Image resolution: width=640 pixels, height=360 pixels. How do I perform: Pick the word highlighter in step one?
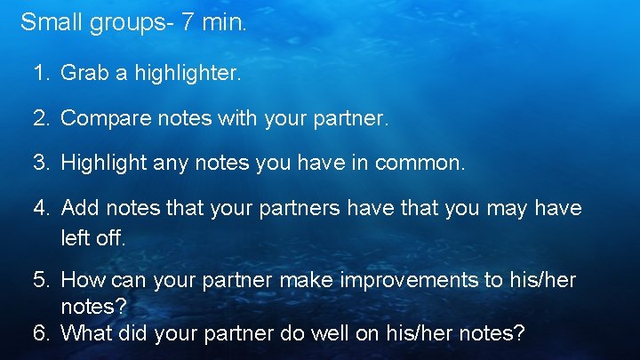187,73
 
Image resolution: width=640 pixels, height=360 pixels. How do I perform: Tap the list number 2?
41,117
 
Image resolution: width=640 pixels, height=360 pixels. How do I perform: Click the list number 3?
41,163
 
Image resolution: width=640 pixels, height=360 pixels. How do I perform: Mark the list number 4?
41,208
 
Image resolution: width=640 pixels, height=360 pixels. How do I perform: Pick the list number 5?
41,281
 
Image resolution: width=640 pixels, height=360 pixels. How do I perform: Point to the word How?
80,281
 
